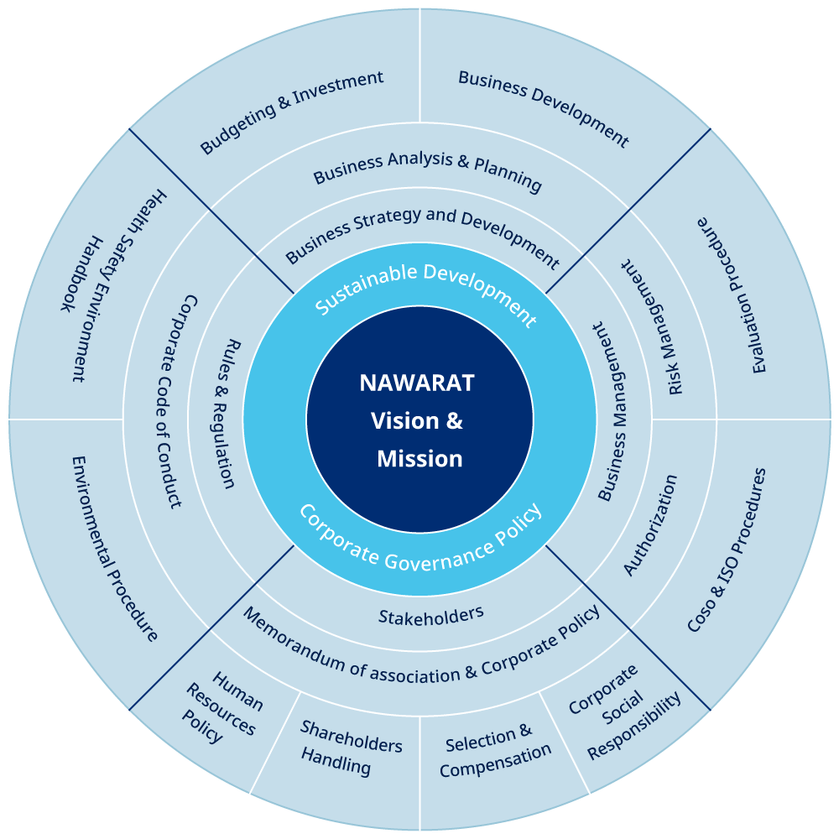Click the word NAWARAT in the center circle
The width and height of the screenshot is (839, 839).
[417, 383]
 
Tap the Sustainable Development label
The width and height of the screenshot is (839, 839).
[425, 291]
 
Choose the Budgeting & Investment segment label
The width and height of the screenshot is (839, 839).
[291, 112]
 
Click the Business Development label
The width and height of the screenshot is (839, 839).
[543, 109]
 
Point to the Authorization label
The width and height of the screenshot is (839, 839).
[650, 525]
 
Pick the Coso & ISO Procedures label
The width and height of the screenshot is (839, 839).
[727, 550]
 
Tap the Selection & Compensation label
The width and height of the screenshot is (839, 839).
[494, 749]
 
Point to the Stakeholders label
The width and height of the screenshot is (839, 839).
[430, 616]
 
